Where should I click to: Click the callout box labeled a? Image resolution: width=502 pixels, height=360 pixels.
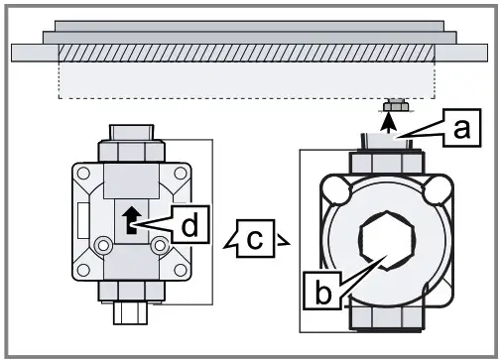pyautogui.click(x=458, y=128)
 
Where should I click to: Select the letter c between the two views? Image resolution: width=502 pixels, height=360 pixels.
pyautogui.click(x=255, y=238)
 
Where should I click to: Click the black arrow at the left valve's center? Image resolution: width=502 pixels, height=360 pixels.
pyautogui.click(x=128, y=216)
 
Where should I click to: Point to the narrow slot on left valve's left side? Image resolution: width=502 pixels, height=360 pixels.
pyautogui.click(x=81, y=217)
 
